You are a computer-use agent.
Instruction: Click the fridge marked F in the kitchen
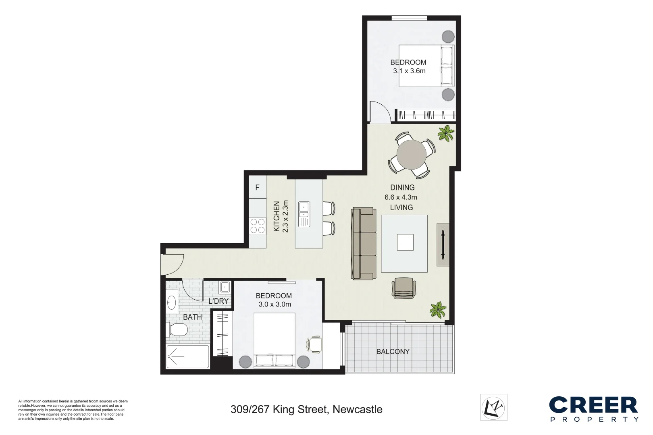(x=258, y=188)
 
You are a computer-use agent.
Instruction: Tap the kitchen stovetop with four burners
(x=258, y=226)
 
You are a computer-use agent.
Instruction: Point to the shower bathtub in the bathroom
(x=187, y=356)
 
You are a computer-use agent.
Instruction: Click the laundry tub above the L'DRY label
(x=225, y=288)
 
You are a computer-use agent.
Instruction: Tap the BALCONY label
(x=393, y=352)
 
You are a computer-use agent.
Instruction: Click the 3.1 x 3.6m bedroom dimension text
(x=409, y=71)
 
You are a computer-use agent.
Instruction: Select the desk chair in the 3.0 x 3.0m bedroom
(x=314, y=344)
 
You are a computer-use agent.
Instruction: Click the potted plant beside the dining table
(x=446, y=133)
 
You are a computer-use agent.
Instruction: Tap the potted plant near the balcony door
(x=438, y=310)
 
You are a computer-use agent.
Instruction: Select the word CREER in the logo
(x=593, y=405)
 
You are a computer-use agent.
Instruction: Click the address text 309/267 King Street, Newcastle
(x=306, y=410)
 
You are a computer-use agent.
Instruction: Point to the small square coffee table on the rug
(x=405, y=242)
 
